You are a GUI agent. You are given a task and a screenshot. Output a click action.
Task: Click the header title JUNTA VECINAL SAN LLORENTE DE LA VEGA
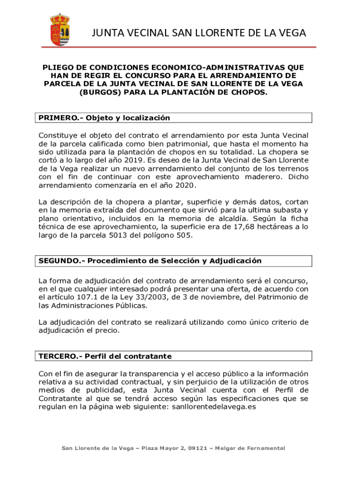[199, 33]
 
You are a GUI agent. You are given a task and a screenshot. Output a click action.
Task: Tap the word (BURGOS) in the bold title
[95, 92]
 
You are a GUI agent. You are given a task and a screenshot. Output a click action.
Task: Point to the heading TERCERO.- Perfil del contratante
[105, 356]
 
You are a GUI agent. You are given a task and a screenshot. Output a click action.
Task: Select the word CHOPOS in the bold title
[249, 92]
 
